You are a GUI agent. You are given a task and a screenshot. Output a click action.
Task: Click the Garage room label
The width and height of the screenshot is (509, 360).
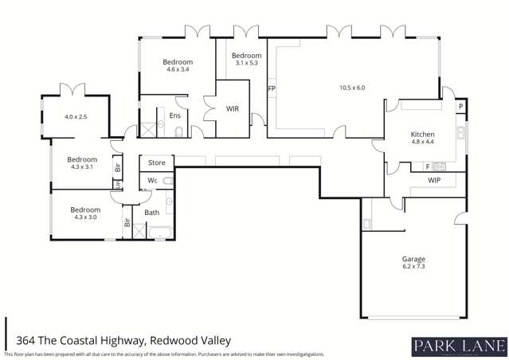point(413,260)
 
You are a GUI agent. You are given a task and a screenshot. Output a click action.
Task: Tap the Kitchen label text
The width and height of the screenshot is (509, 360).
point(422,135)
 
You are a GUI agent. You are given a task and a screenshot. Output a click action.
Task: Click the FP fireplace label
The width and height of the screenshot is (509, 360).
point(272,88)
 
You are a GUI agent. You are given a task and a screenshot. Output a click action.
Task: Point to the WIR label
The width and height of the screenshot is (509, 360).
point(233,108)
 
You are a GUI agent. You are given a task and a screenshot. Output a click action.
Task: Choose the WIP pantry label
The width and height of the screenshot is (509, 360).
point(434,181)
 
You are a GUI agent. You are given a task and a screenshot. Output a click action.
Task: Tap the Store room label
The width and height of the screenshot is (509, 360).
point(157,162)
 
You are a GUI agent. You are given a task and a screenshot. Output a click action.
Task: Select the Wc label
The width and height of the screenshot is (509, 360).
point(152,181)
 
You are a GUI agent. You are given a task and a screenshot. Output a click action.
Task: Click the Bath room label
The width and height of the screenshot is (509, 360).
point(152,213)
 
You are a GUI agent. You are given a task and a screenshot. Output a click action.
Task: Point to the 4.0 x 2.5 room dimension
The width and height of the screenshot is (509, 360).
point(75,117)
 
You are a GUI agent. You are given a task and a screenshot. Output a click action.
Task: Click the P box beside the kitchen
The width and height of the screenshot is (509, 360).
point(460,108)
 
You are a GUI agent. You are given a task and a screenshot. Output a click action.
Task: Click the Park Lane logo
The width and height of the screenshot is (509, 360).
point(458,345)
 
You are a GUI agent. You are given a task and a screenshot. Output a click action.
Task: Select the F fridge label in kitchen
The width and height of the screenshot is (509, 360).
point(428,166)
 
